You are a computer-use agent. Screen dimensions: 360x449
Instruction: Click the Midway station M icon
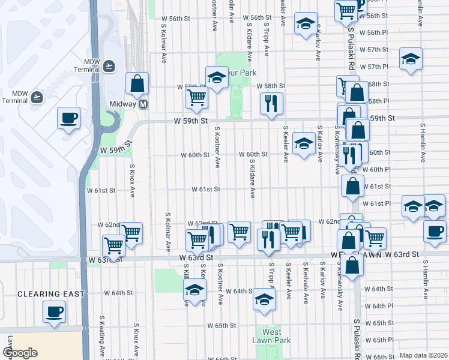[x=143, y=104]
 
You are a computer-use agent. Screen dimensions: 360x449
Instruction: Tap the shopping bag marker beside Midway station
[x=137, y=85]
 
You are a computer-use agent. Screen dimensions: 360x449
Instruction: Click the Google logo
[x=20, y=353]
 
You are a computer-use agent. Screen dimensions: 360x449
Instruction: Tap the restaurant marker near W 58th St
[x=271, y=104]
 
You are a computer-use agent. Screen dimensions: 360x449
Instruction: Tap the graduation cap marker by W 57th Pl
[x=411, y=59]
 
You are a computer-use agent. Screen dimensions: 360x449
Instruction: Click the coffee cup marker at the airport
[x=68, y=118]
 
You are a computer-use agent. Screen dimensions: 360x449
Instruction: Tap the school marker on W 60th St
[x=304, y=144]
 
